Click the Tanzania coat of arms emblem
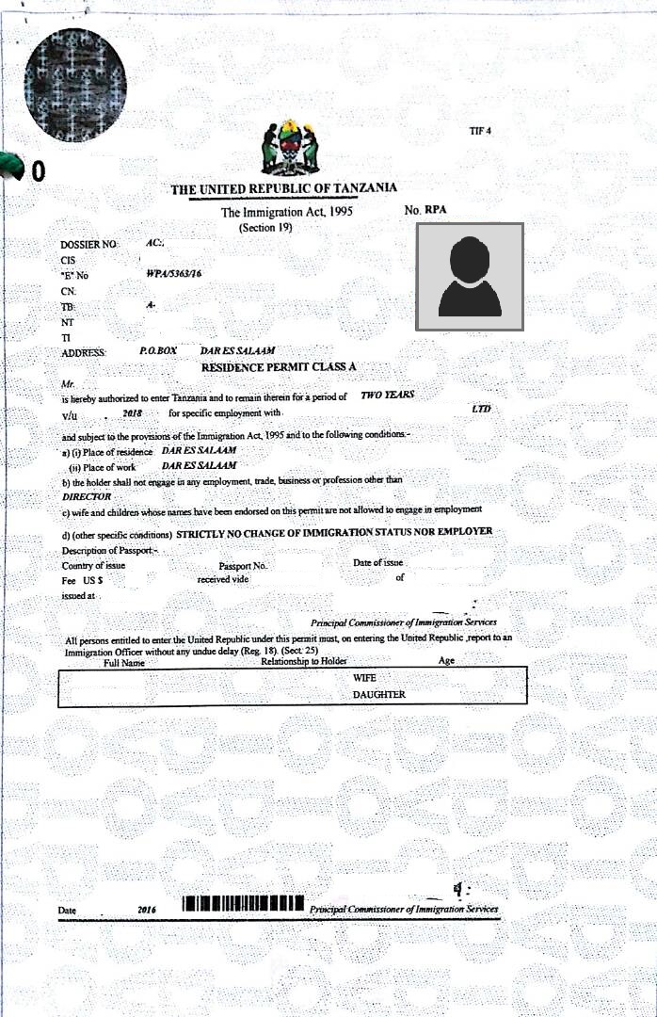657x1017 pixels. (290, 148)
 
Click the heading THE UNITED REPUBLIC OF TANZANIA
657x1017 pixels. (283, 189)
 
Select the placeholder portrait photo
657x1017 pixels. (469, 277)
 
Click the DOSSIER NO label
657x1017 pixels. (88, 244)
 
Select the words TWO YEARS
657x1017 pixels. (387, 396)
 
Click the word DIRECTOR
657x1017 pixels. (87, 496)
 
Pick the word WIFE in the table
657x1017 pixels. (364, 678)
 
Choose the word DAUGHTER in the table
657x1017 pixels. (378, 695)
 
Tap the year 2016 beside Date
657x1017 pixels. (146, 911)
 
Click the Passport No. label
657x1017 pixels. (244, 567)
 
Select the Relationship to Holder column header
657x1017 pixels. (304, 661)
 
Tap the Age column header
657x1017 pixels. (446, 661)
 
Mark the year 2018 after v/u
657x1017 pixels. (132, 413)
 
